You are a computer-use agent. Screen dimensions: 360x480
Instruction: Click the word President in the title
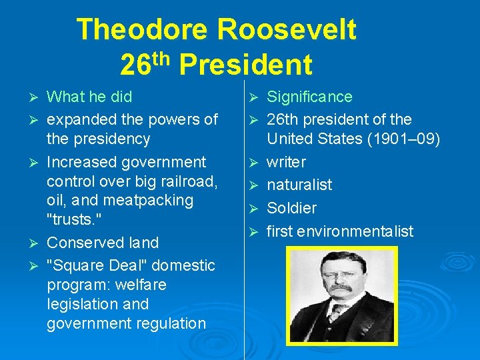245,65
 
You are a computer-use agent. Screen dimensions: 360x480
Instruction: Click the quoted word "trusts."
73,219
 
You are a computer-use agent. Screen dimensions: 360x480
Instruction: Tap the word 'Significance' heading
309,97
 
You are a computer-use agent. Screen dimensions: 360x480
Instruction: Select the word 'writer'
287,162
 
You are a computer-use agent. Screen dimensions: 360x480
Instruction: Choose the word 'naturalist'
299,185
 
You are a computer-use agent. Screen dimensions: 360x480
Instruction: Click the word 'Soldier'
291,208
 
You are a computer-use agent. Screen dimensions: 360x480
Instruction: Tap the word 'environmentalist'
365,231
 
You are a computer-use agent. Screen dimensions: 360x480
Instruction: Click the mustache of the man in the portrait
340,289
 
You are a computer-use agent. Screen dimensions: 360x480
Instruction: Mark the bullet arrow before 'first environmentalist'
254,232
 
